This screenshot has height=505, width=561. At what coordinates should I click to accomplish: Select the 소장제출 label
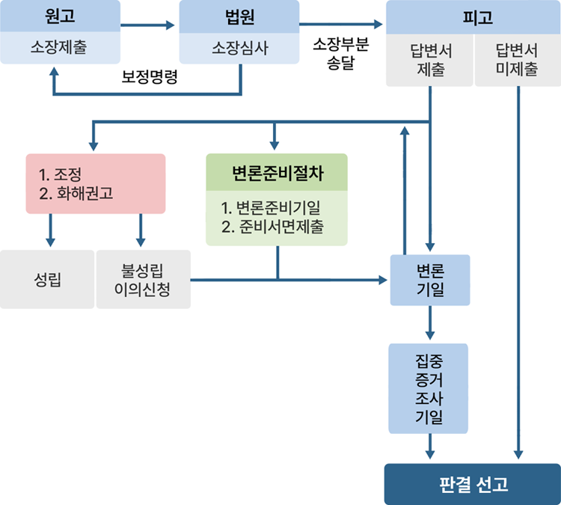point(61,49)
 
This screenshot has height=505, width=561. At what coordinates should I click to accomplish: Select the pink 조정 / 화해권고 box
point(95,184)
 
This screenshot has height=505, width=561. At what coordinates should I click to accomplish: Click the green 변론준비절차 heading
point(277,173)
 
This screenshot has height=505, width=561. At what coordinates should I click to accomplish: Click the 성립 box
point(48,280)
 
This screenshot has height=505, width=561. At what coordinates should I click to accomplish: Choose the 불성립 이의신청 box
point(143,280)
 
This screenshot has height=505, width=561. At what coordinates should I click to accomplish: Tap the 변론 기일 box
point(430,280)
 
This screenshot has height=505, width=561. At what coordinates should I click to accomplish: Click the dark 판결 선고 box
point(472,484)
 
